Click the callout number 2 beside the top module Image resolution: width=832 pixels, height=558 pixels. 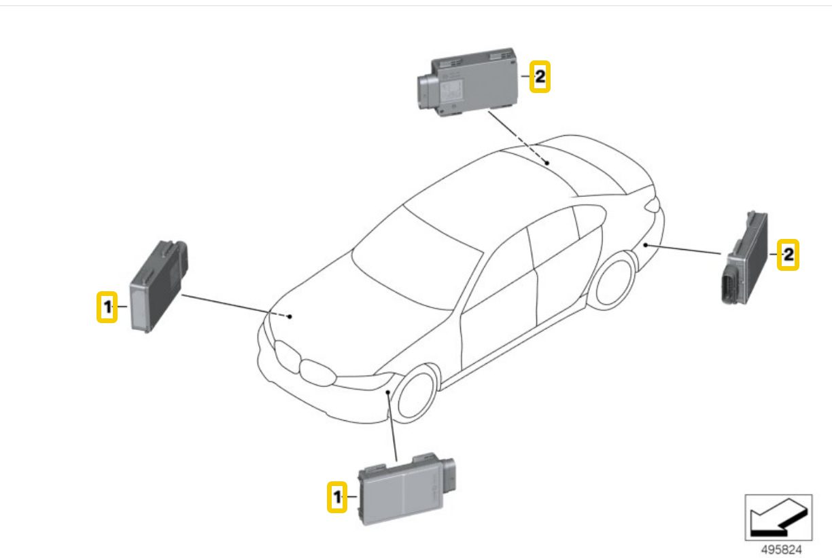[540, 77]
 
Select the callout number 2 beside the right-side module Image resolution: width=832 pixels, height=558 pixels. [788, 255]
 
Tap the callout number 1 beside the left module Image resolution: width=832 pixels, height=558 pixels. [107, 307]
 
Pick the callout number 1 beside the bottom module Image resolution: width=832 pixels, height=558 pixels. [337, 497]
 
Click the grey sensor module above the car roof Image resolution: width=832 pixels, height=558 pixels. [467, 81]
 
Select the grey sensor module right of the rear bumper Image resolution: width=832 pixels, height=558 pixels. [744, 258]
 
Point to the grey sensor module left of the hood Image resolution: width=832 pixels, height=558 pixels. [158, 286]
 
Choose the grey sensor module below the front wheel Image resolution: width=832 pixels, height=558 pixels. [406, 489]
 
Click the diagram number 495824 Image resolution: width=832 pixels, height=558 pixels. [782, 549]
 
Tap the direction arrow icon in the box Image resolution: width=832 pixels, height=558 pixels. [778, 517]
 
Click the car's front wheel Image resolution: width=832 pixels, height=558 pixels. [415, 393]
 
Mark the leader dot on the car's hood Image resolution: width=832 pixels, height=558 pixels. [290, 316]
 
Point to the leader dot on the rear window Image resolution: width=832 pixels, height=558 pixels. [547, 163]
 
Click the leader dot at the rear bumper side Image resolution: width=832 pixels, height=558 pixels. [646, 245]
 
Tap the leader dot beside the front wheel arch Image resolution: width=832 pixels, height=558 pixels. [387, 392]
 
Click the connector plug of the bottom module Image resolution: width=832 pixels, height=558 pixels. [449, 477]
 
